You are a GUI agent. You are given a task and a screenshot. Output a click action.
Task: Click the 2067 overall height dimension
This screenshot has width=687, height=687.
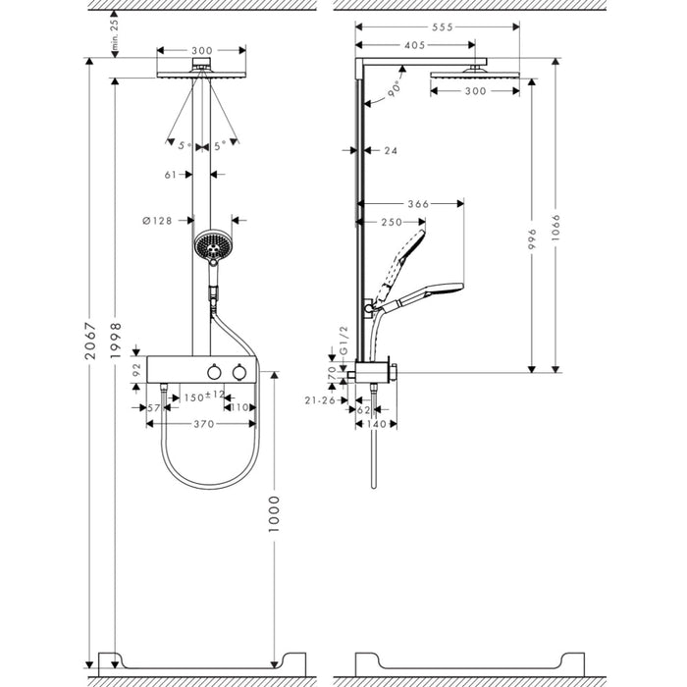pos(89,341)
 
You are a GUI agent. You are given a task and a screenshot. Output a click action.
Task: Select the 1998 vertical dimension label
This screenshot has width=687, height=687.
pos(116,341)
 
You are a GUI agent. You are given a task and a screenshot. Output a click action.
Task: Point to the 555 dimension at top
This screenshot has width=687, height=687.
pos(442,28)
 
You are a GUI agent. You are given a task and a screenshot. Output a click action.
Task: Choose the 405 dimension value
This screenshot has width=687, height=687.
pos(416,44)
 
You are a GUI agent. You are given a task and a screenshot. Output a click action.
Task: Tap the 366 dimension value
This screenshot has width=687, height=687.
pos(419,204)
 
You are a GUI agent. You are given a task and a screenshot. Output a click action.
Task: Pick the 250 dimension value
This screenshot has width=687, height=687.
pos(391,222)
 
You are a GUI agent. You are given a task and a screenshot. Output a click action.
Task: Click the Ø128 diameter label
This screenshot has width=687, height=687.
pos(157,221)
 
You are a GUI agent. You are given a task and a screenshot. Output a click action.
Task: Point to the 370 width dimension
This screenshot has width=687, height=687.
pos(203,424)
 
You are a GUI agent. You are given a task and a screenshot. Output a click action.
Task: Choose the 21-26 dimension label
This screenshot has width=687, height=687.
pos(319,399)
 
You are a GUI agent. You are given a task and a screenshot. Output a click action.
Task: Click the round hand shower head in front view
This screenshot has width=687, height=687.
pos(211,245)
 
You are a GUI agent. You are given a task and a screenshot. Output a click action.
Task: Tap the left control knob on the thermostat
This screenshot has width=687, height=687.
pos(214,373)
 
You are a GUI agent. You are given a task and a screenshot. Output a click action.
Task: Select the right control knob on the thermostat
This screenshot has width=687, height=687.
pos(238,373)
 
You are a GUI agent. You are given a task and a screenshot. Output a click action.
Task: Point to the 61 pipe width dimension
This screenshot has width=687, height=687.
pos(170,175)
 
